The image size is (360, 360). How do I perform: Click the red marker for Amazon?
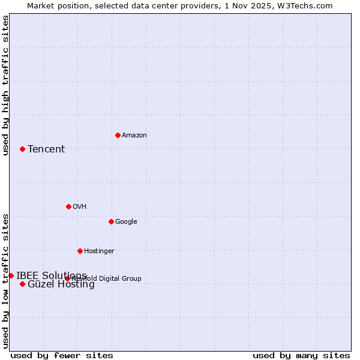click(118, 135)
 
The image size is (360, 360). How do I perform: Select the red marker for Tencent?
click(22, 149)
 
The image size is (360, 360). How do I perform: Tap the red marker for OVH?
click(68, 206)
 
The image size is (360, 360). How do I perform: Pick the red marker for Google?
click(111, 221)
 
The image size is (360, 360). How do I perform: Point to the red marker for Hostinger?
click(80, 251)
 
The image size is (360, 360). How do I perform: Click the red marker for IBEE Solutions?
click(11, 275)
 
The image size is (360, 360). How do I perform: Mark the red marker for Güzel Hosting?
click(22, 284)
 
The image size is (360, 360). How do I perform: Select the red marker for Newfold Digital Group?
click(67, 278)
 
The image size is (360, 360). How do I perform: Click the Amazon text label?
click(134, 136)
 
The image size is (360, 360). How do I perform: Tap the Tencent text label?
click(46, 149)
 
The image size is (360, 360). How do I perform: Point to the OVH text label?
click(80, 207)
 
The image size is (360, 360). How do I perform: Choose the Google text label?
click(126, 222)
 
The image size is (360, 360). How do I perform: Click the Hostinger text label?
click(99, 251)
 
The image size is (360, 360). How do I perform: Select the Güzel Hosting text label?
click(61, 284)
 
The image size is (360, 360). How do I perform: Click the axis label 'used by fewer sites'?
click(62, 356)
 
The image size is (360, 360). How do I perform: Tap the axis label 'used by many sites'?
click(301, 356)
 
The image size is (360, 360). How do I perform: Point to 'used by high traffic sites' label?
click(5, 85)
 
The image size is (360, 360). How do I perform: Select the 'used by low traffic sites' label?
click(5, 280)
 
